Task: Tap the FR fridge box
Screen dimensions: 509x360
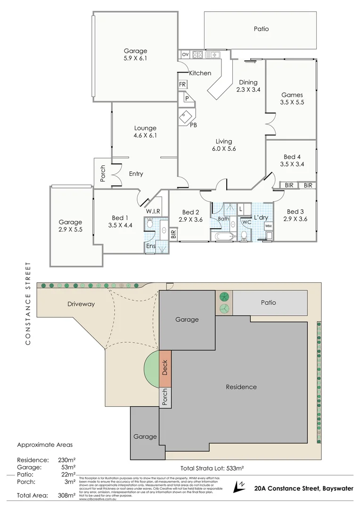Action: (x=182, y=84)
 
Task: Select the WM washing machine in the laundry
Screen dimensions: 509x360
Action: (x=268, y=226)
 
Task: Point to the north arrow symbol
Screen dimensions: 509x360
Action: (x=240, y=486)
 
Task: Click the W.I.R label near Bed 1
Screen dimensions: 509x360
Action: (x=154, y=211)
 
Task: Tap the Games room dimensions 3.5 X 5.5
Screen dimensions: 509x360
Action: (x=292, y=102)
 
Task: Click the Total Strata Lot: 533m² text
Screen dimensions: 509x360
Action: (x=212, y=468)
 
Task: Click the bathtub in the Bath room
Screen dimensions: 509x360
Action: (x=224, y=237)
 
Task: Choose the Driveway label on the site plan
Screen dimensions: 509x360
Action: (x=81, y=304)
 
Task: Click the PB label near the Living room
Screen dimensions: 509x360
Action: (x=193, y=125)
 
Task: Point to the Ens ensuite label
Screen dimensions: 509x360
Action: (x=150, y=246)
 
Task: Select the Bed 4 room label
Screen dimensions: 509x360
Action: (x=292, y=157)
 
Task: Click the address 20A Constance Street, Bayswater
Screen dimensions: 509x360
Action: (x=303, y=489)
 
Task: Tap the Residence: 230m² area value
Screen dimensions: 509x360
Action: (x=66, y=460)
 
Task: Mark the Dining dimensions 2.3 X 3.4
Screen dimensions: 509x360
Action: (x=248, y=90)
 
